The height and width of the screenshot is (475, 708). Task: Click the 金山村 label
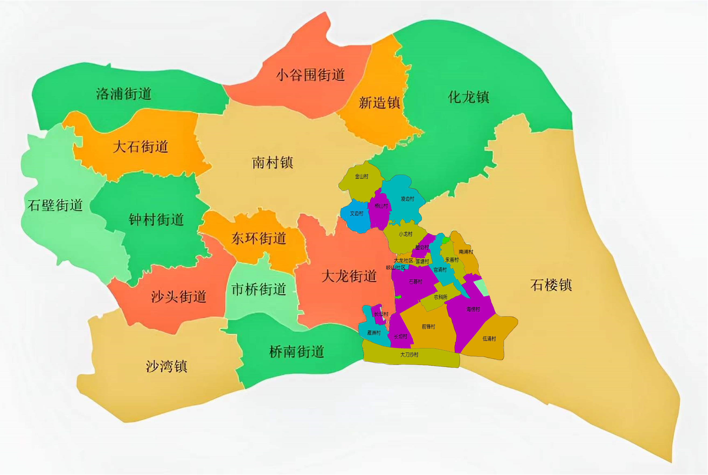click(x=362, y=176)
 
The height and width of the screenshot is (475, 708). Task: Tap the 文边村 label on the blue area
click(x=356, y=214)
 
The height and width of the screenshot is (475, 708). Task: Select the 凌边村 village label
click(x=407, y=199)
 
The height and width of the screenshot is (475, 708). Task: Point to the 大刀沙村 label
click(x=409, y=355)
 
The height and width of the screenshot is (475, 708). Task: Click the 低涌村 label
click(x=489, y=339)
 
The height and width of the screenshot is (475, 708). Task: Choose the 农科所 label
click(x=440, y=297)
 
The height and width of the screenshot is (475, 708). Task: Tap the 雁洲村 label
click(x=374, y=333)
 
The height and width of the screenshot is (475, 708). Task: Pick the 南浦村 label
click(x=466, y=252)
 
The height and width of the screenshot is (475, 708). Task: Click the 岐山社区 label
click(x=395, y=268)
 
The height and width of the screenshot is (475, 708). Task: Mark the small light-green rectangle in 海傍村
click(x=481, y=287)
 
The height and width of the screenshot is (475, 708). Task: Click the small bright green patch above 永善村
click(x=446, y=240)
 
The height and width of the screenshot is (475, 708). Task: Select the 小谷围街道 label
click(x=310, y=75)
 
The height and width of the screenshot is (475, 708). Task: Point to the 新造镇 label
click(x=379, y=103)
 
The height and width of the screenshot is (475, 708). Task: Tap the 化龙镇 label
click(x=468, y=97)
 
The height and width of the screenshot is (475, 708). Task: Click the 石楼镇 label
click(x=551, y=285)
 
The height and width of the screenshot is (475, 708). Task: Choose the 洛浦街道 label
click(x=124, y=93)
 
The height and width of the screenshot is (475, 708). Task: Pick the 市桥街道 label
click(x=259, y=289)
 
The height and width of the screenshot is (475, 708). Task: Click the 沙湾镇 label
click(x=166, y=366)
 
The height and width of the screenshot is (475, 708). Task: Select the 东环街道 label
click(x=259, y=238)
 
